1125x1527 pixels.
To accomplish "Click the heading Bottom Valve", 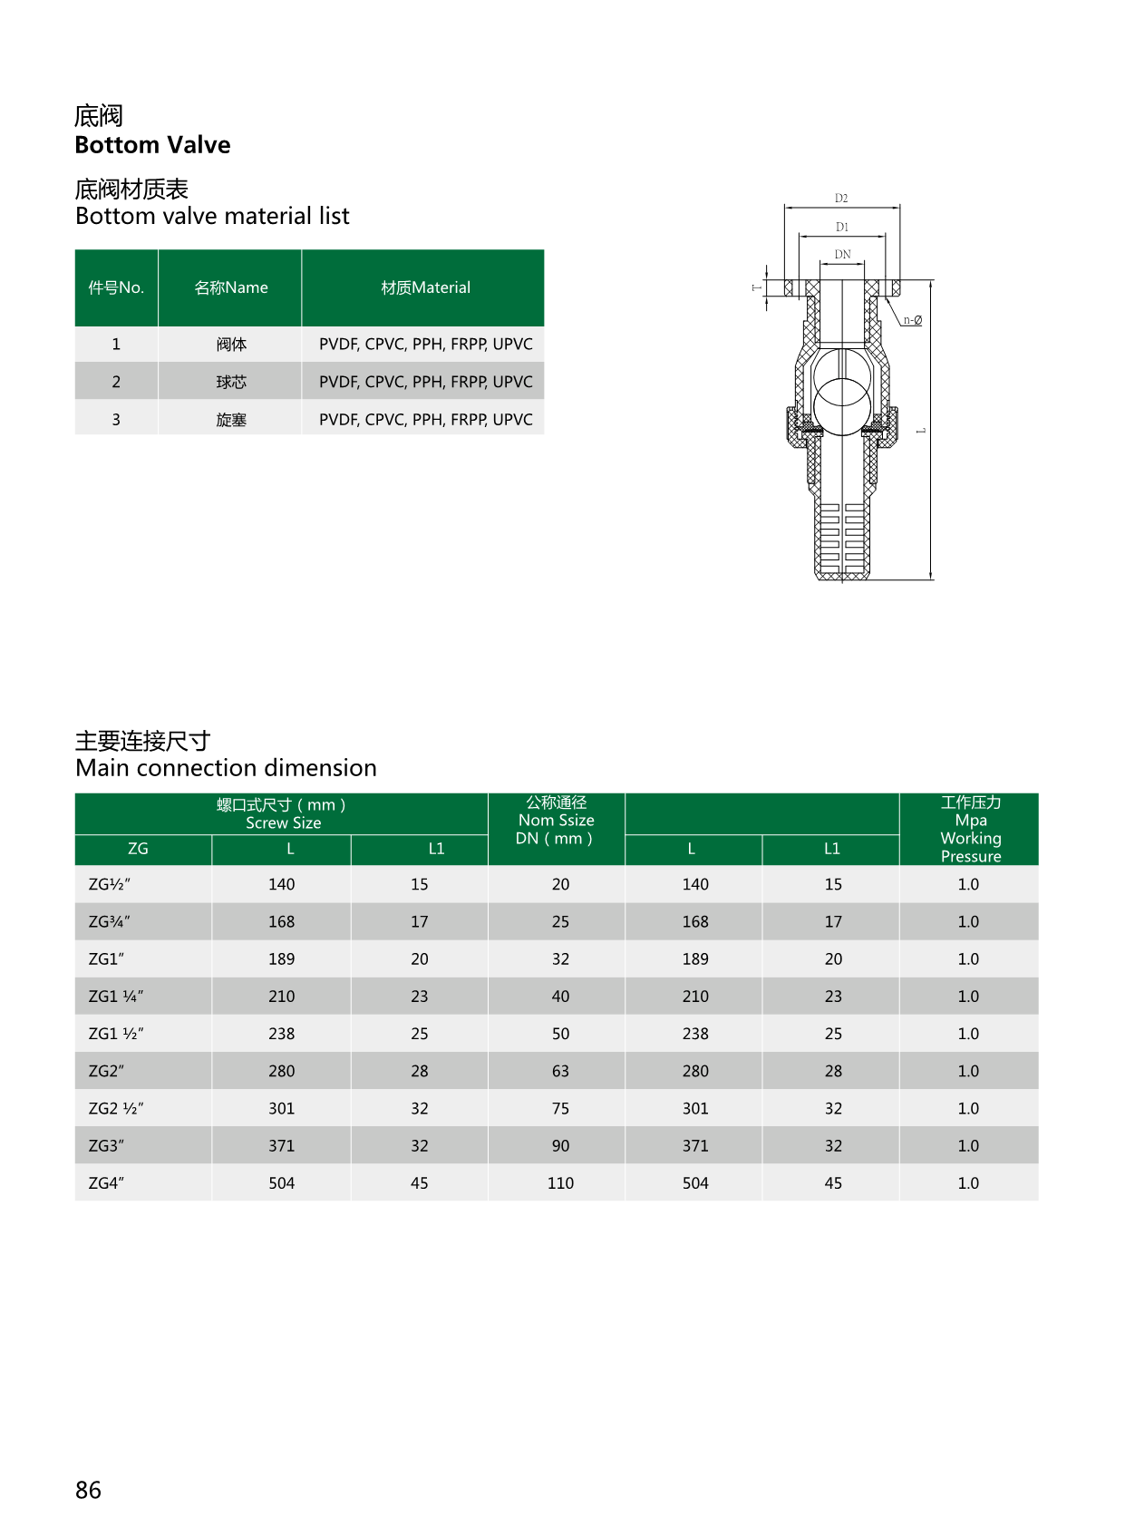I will [x=152, y=145].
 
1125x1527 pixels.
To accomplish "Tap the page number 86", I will [x=88, y=1490].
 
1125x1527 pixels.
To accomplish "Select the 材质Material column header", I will [x=425, y=287].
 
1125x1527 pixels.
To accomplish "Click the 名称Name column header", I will [x=231, y=287].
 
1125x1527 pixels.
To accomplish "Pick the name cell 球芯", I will [x=231, y=382].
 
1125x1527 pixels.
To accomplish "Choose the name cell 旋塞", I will [x=231, y=420].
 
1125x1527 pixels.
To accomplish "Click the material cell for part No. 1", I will [x=425, y=345].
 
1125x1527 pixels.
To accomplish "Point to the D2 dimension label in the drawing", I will [x=841, y=198].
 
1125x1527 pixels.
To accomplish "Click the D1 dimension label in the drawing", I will [x=842, y=227].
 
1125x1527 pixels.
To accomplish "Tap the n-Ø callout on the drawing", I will [x=912, y=320].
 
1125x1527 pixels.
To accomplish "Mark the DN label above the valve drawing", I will [x=843, y=255].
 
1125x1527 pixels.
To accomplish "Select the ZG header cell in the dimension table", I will [x=138, y=849].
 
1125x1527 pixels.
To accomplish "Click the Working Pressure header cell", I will [x=970, y=829].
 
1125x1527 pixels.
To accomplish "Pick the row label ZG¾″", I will [x=109, y=921].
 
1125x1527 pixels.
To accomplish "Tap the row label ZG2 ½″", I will [x=115, y=1108].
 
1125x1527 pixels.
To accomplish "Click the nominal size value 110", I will [x=560, y=1183].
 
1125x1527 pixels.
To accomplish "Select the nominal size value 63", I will [x=560, y=1071].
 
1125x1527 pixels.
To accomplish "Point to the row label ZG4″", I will [x=106, y=1183].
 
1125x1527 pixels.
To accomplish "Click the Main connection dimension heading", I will [x=226, y=768].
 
